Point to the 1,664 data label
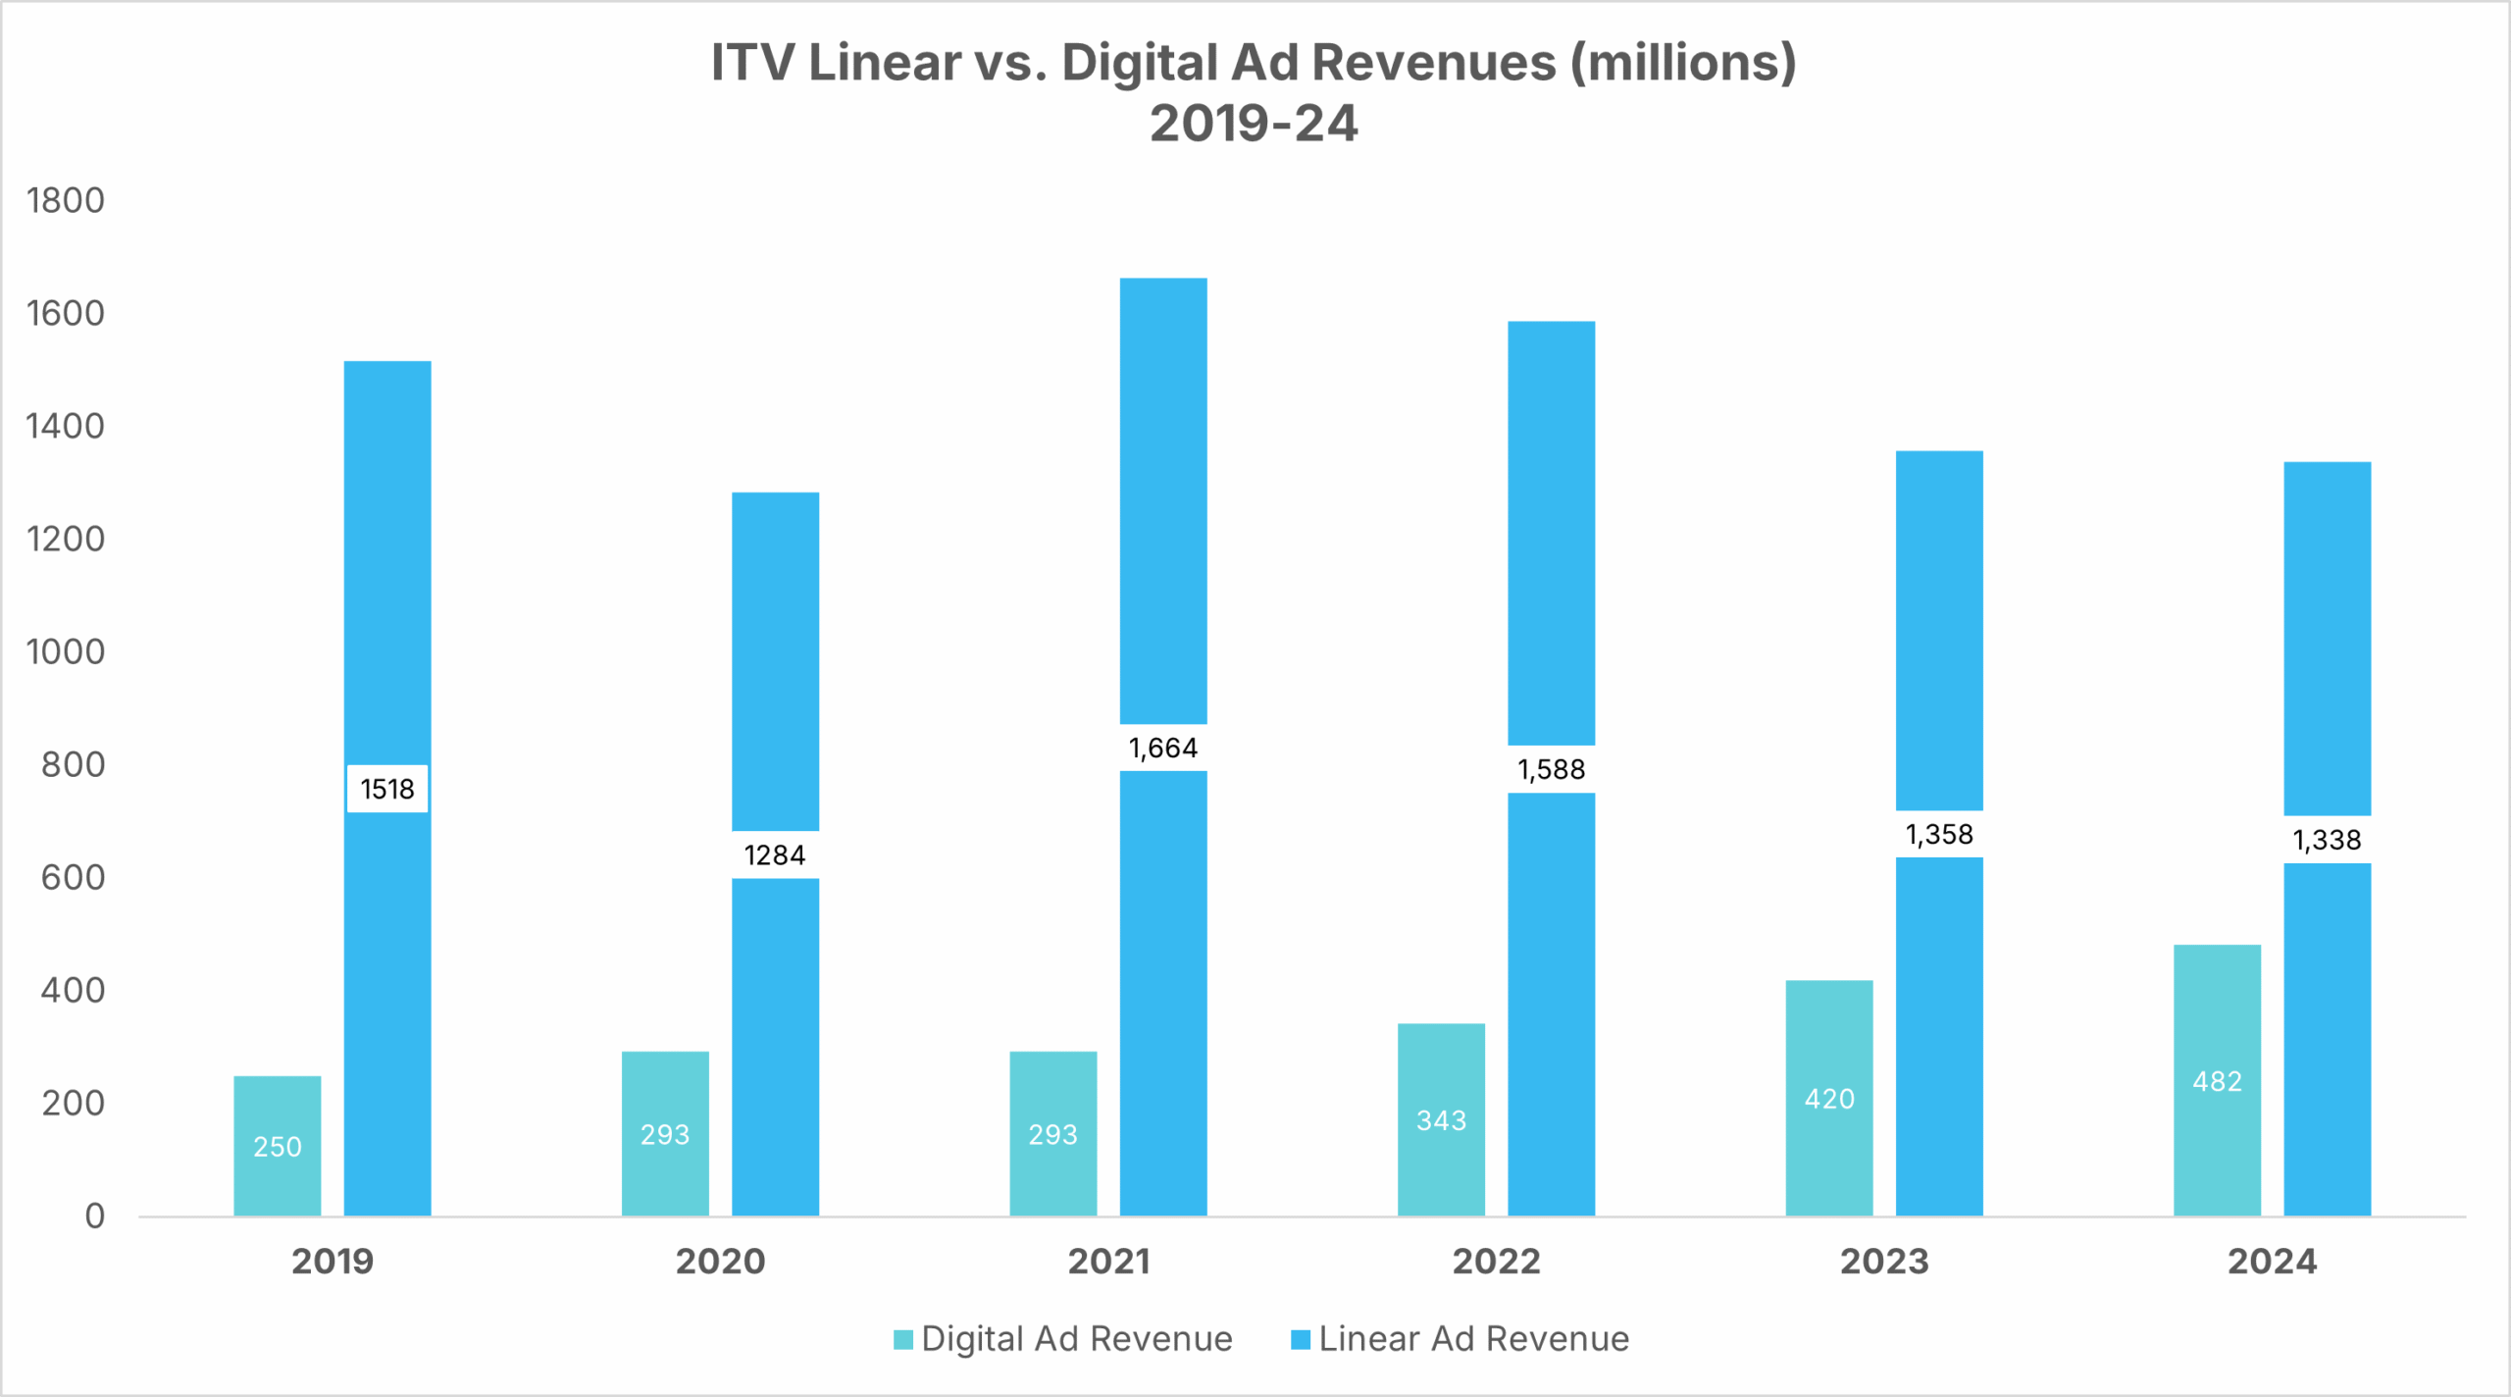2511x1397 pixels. (1163, 749)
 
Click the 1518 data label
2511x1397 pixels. (387, 789)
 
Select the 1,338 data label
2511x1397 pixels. (2327, 840)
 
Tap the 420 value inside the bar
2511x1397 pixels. (1829, 1099)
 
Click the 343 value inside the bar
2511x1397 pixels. (1441, 1120)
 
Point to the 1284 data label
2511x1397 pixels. (775, 855)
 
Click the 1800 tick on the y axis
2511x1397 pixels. (65, 200)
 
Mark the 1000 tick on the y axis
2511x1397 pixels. (65, 651)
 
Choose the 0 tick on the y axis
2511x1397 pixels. (94, 1216)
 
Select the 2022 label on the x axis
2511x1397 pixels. (1496, 1262)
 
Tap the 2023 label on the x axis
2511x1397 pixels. (1884, 1262)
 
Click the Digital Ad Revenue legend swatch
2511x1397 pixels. (903, 1340)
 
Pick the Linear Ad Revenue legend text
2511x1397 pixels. (1473, 1339)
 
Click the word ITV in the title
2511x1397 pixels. (752, 63)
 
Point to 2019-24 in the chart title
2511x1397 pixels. (1254, 125)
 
